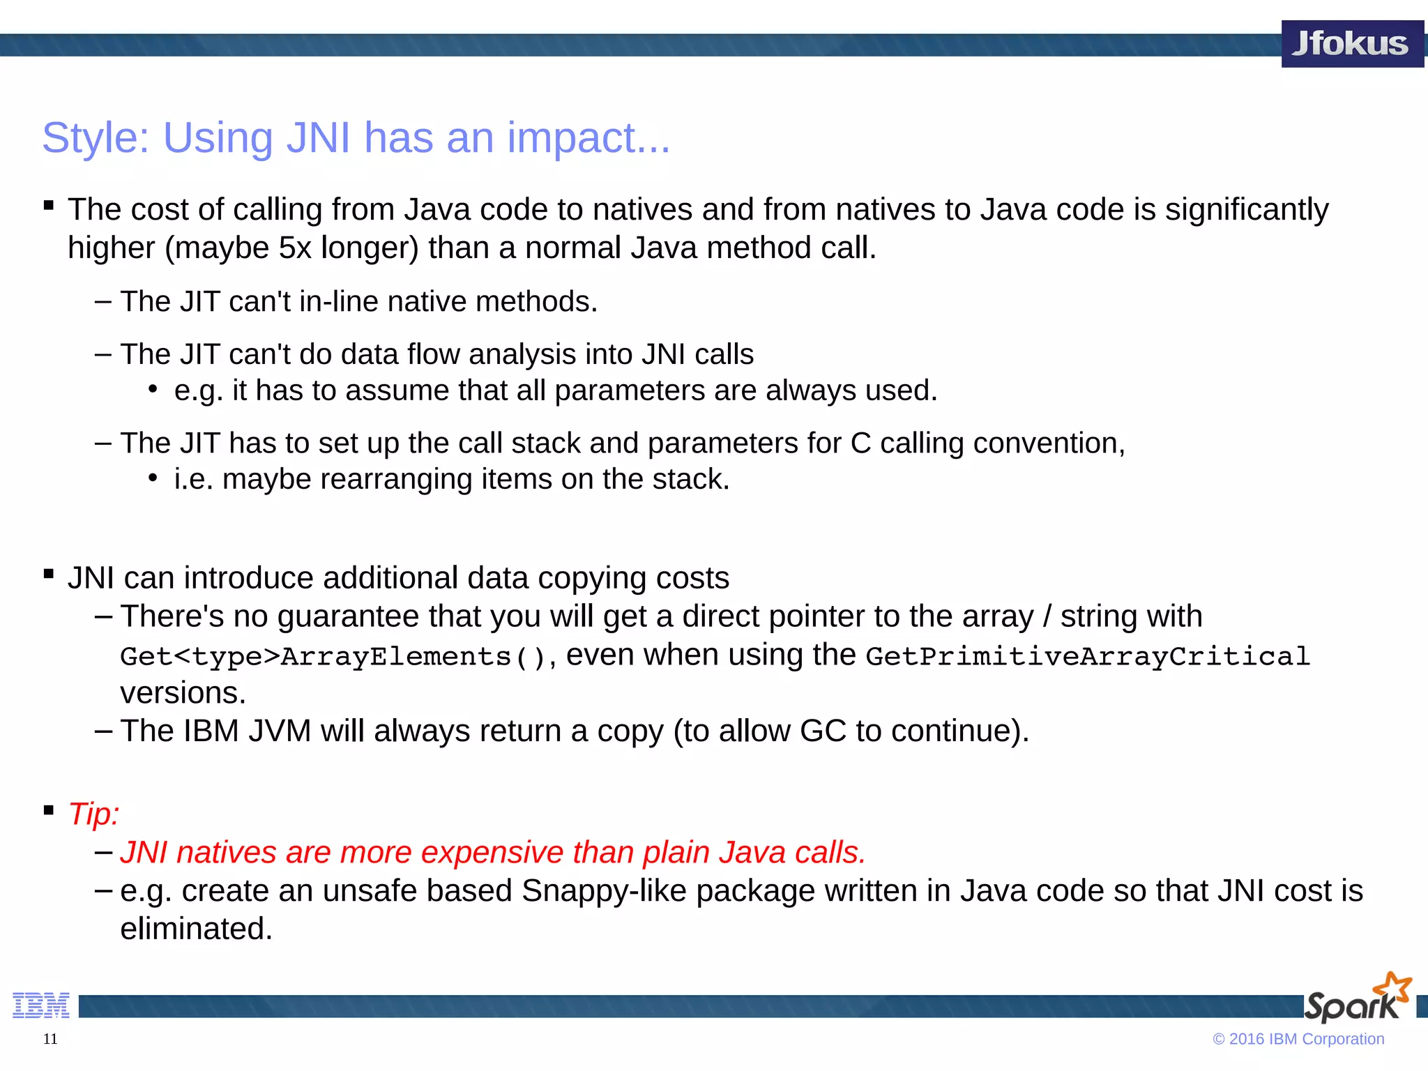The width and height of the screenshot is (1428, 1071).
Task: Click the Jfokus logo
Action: tap(1351, 44)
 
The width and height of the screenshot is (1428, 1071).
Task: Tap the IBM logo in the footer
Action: tap(41, 1005)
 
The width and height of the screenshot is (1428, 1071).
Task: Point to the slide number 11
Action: tap(50, 1039)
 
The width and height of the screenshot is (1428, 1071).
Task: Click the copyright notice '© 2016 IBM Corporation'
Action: tap(1298, 1039)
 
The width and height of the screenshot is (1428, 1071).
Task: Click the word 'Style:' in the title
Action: tap(96, 137)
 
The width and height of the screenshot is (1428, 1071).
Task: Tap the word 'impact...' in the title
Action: tap(588, 137)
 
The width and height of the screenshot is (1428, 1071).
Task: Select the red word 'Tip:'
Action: tap(93, 814)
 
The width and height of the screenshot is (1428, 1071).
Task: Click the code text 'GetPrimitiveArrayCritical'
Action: tap(1088, 657)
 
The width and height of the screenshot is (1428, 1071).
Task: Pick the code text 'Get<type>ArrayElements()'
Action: tap(333, 657)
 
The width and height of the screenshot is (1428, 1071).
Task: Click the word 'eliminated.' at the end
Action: tap(196, 929)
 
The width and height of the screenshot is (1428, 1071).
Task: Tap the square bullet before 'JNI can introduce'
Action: tap(48, 574)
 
